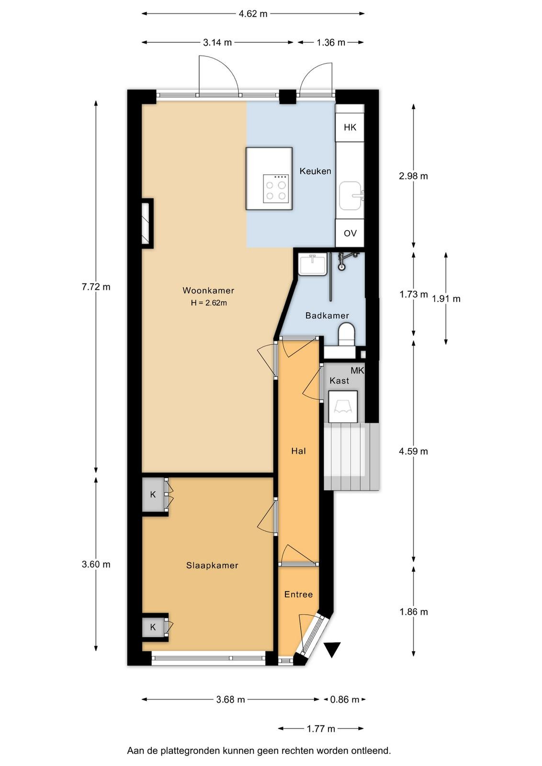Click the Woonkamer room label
click(x=208, y=291)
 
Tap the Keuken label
click(x=315, y=171)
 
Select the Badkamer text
click(x=327, y=315)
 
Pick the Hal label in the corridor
click(x=298, y=451)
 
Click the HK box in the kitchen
click(x=350, y=127)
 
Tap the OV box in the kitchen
click(x=350, y=233)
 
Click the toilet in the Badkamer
click(x=346, y=335)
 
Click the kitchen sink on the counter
click(x=350, y=195)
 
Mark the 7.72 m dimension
click(x=96, y=287)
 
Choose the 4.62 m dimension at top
click(x=253, y=14)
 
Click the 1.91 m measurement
click(x=446, y=299)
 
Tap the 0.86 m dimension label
click(x=345, y=699)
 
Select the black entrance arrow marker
click(x=332, y=649)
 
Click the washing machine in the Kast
click(x=343, y=406)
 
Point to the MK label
click(x=357, y=371)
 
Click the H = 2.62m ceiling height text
click(x=209, y=303)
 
